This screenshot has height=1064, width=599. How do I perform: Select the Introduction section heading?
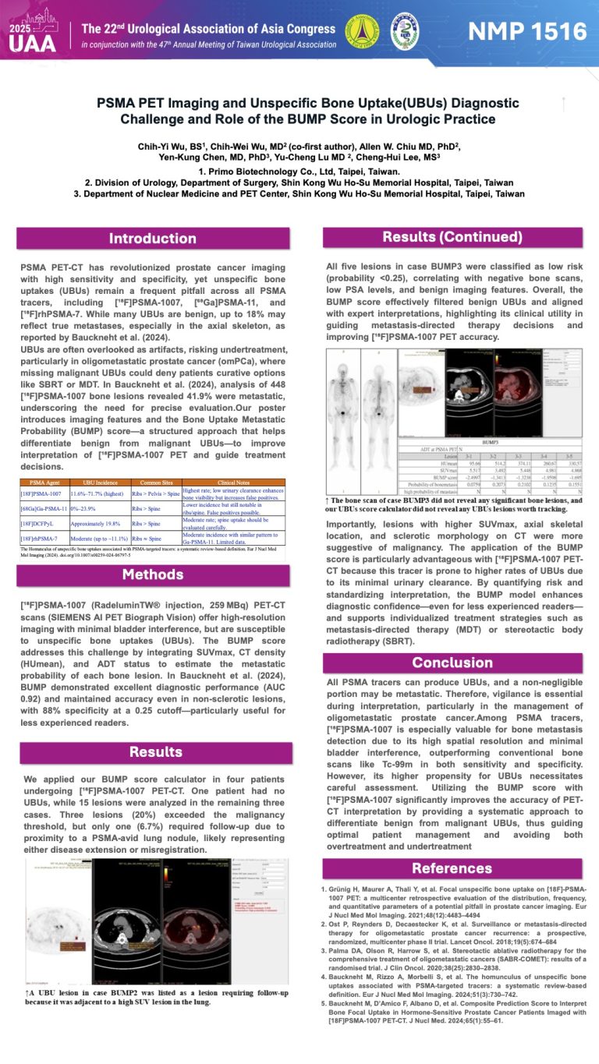(x=152, y=239)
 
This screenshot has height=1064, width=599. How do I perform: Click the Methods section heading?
(x=152, y=575)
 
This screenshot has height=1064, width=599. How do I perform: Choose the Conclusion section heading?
(x=452, y=662)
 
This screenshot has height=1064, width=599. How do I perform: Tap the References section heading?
(x=452, y=868)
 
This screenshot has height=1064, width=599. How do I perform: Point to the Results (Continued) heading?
(x=452, y=237)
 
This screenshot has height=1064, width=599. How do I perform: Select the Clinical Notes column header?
(x=232, y=483)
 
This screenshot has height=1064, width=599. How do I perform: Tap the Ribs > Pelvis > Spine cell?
(x=156, y=493)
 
